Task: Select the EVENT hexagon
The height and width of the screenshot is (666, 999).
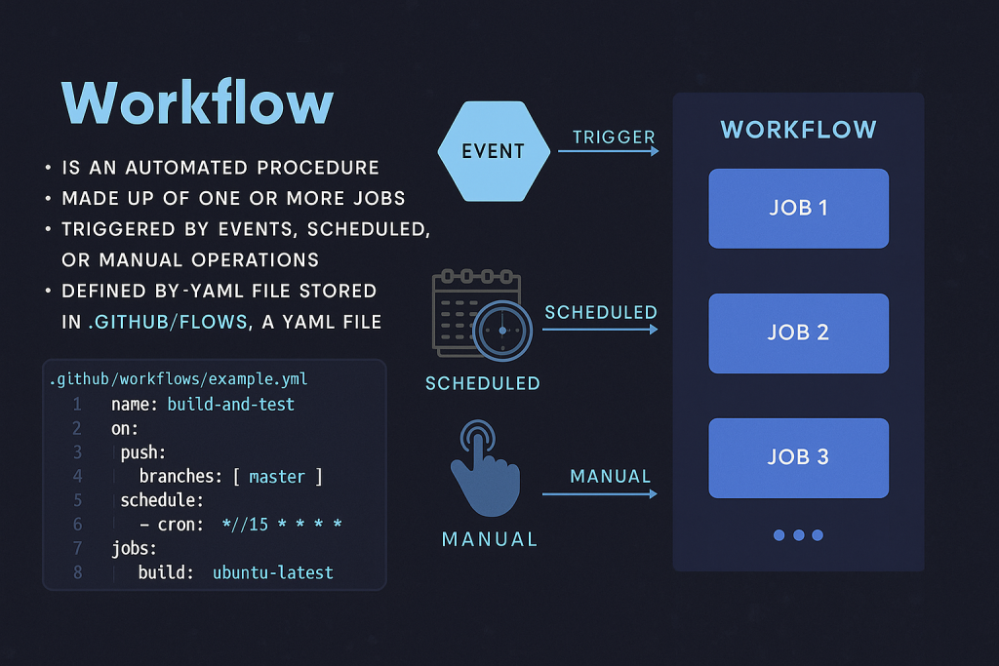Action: tap(494, 151)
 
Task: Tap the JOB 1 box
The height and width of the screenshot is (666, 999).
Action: tap(798, 209)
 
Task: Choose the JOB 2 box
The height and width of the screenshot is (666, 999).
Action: tap(798, 333)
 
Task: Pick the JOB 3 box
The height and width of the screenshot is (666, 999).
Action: tap(798, 457)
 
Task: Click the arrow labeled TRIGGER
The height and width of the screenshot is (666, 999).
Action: tap(609, 151)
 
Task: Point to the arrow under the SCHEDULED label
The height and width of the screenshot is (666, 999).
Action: tap(600, 330)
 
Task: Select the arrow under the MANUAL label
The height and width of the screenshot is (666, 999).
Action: tap(600, 493)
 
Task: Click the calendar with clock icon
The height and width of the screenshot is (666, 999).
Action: tap(482, 315)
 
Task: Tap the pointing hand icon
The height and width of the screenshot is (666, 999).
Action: tap(486, 468)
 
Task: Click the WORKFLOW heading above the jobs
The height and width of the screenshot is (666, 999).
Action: tap(798, 130)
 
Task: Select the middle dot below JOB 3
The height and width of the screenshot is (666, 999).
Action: tap(798, 534)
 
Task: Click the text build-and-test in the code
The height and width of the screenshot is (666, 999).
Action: tap(230, 405)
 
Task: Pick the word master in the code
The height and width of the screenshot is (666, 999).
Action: tap(277, 477)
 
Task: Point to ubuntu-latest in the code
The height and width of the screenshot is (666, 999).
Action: tap(273, 572)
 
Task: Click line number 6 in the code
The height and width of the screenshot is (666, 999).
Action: tap(78, 524)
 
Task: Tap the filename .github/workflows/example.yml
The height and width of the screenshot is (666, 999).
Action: tap(179, 379)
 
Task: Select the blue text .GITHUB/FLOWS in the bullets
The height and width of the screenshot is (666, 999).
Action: tap(168, 322)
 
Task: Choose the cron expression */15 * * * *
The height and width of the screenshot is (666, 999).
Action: tap(282, 524)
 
